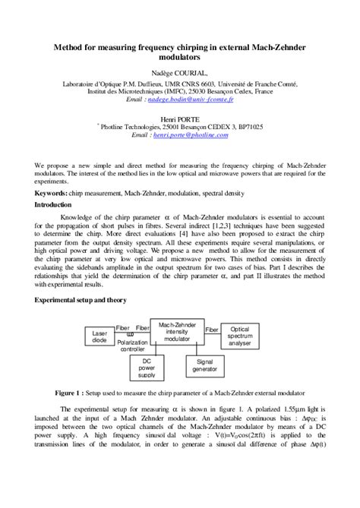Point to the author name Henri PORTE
[179, 118]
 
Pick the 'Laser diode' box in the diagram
[99, 336]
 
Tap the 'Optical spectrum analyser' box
[239, 336]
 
